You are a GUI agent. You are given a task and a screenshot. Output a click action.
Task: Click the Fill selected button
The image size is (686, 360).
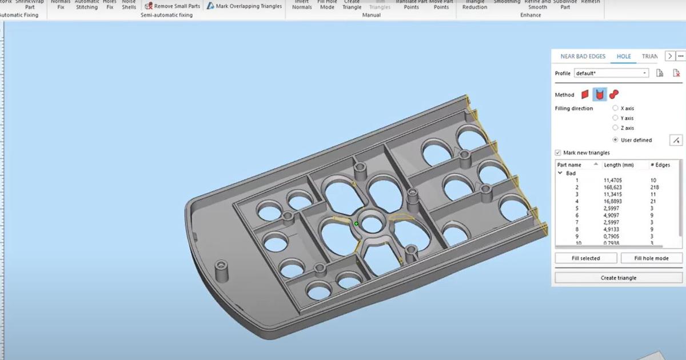586,258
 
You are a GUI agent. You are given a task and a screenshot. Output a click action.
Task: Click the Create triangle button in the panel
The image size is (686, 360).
618,278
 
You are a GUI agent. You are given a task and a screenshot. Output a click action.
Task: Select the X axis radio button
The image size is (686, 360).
615,108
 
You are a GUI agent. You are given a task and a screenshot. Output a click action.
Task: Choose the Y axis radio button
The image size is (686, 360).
615,118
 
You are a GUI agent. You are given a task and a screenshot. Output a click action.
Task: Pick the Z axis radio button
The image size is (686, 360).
615,128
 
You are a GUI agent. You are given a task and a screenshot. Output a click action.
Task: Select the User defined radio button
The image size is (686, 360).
615,140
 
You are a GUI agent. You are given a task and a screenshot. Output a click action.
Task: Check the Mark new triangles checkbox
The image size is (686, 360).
558,153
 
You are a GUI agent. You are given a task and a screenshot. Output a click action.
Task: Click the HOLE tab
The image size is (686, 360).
624,57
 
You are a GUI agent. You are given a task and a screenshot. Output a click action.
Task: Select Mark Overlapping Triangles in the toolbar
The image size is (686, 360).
245,6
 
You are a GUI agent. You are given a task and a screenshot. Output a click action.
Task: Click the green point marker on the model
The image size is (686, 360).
356,223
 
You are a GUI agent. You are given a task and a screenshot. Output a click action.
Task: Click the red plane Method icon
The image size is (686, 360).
585,94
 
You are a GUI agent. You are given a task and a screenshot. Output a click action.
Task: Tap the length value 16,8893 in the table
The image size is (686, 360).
615,202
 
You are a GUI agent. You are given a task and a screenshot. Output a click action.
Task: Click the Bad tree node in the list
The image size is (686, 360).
571,173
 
